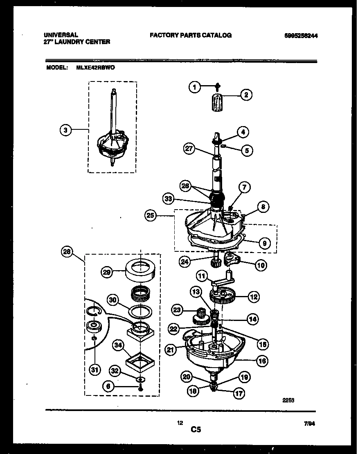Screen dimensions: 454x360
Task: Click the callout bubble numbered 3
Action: pos(65,130)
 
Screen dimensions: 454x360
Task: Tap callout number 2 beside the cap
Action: pos(246,95)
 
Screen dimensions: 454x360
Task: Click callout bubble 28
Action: pos(67,253)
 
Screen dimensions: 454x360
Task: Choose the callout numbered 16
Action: pos(262,361)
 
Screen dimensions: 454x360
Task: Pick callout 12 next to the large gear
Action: pos(254,297)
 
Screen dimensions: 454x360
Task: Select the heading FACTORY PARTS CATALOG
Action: pos(191,35)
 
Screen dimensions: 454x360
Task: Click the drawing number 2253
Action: pos(288,402)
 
